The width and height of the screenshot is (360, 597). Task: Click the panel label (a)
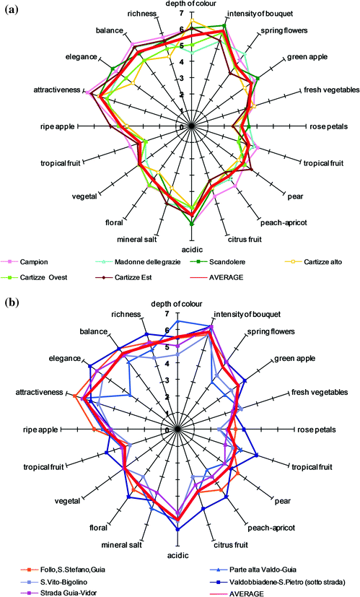(11, 9)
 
